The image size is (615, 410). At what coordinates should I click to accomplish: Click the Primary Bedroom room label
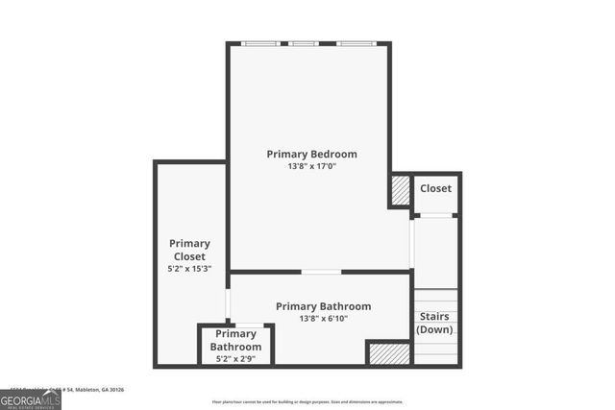[311, 154]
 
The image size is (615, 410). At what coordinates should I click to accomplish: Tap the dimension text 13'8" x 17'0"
[311, 166]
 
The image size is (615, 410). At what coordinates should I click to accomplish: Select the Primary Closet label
[189, 250]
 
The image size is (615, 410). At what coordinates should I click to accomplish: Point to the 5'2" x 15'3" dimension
[189, 269]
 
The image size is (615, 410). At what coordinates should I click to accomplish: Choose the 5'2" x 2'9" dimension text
[236, 359]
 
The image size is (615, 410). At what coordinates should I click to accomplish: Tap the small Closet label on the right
[435, 188]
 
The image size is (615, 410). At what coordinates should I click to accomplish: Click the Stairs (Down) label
[434, 323]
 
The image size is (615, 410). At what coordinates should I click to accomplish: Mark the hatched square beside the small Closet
[400, 190]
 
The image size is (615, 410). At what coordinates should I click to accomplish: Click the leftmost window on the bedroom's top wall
[261, 43]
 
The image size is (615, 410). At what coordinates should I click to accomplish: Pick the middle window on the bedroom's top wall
[304, 43]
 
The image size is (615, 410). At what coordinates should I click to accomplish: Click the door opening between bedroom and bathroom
[320, 272]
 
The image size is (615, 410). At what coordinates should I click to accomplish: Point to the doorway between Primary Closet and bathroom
[228, 302]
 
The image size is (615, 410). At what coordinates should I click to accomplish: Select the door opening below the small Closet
[436, 215]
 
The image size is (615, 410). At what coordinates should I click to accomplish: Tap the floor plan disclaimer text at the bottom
[307, 401]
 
